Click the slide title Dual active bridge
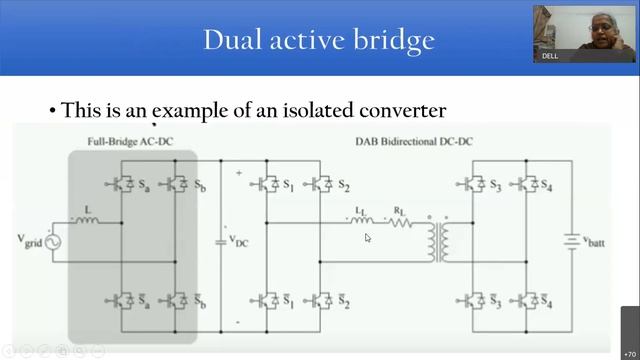tap(319, 40)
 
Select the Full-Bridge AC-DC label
tap(130, 142)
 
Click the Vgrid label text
tap(27, 241)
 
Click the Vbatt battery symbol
tap(571, 241)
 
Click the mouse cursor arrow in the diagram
tap(368, 238)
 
